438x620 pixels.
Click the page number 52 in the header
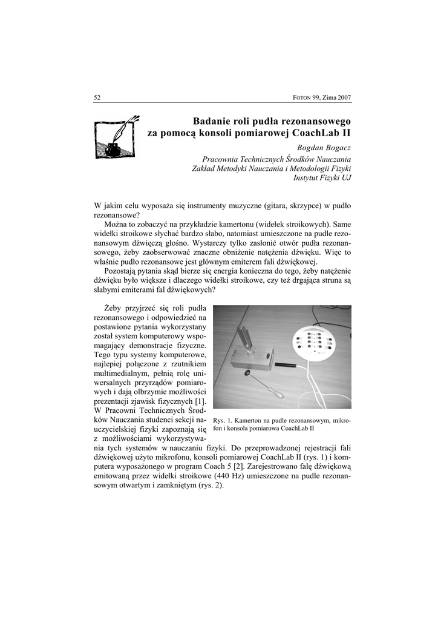point(97,97)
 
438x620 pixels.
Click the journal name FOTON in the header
point(303,98)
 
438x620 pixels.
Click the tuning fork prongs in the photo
point(244,338)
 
